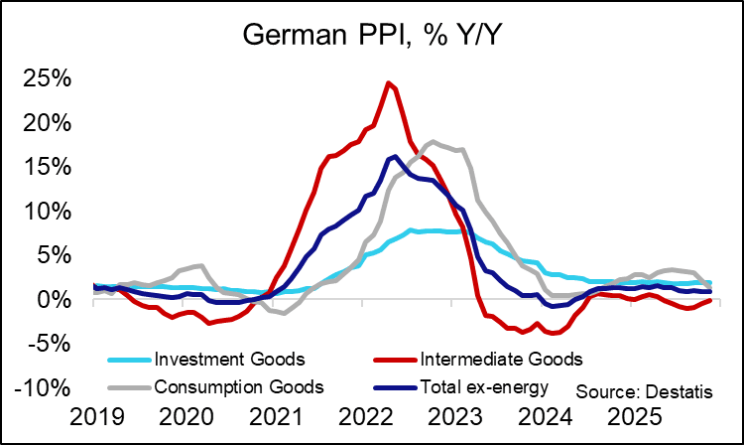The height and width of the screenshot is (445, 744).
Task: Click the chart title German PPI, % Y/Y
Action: click(x=372, y=39)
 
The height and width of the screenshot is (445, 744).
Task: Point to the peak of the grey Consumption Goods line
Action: click(x=432, y=142)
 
